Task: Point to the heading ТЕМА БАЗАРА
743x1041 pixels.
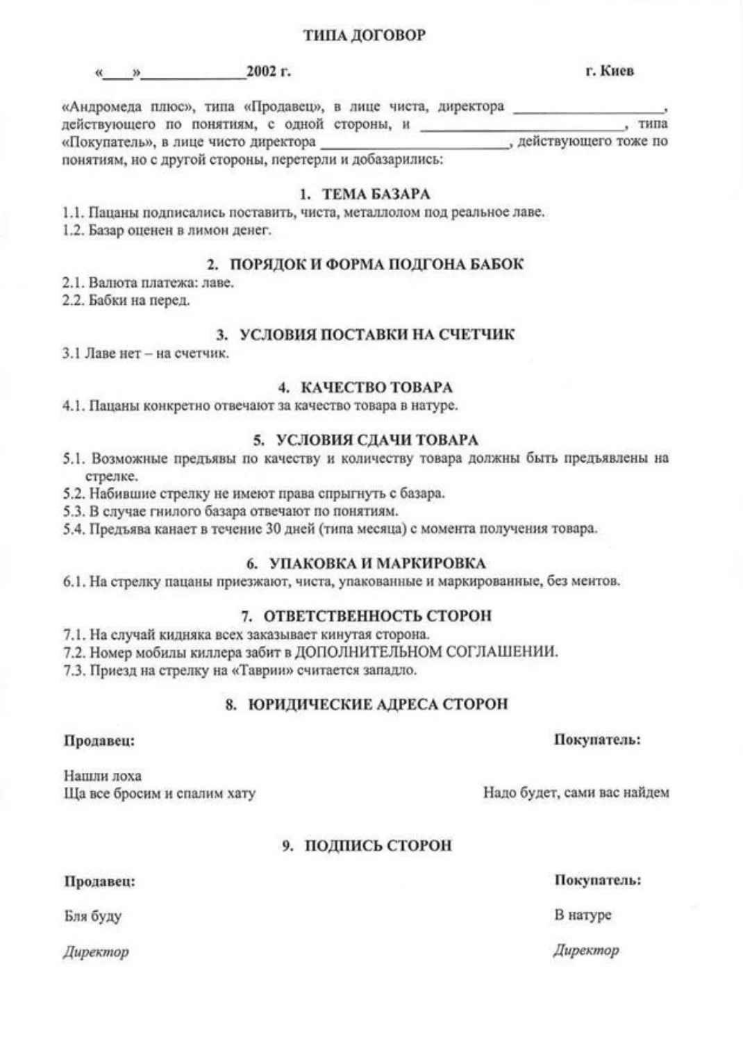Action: tap(375, 194)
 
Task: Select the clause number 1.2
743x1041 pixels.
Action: tap(72, 231)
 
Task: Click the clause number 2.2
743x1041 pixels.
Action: tap(72, 301)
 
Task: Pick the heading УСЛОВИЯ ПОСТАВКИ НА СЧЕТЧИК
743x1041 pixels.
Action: tap(376, 335)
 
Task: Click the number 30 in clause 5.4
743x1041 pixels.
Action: tap(273, 528)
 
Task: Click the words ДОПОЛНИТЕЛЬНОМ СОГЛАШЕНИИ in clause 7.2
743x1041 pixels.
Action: tap(426, 652)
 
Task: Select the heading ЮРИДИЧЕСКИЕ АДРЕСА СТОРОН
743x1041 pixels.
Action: tap(377, 704)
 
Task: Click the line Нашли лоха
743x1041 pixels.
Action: tap(102, 776)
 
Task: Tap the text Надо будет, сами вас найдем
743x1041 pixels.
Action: tap(576, 792)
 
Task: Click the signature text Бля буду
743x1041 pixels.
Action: tap(92, 916)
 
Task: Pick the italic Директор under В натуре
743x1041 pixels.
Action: tap(585, 950)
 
